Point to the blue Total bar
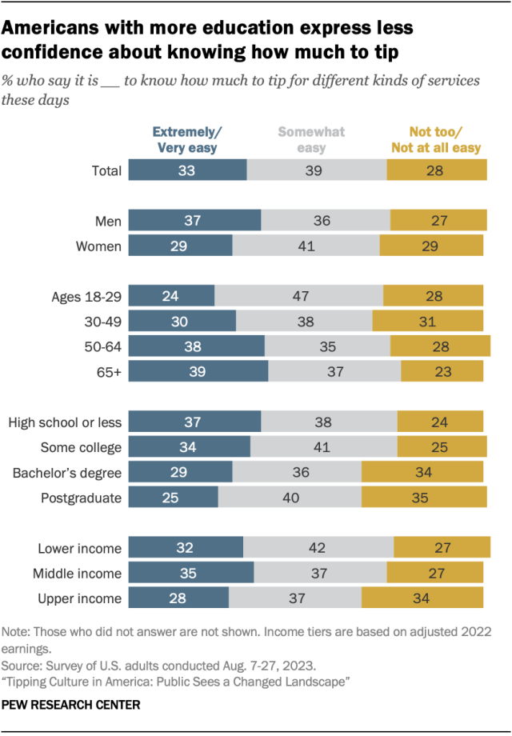187,170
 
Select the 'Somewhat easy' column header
311,139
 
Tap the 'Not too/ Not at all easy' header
435,139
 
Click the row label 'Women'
98,246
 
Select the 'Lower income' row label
79,548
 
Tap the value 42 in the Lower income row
318,548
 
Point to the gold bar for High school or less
440,422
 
